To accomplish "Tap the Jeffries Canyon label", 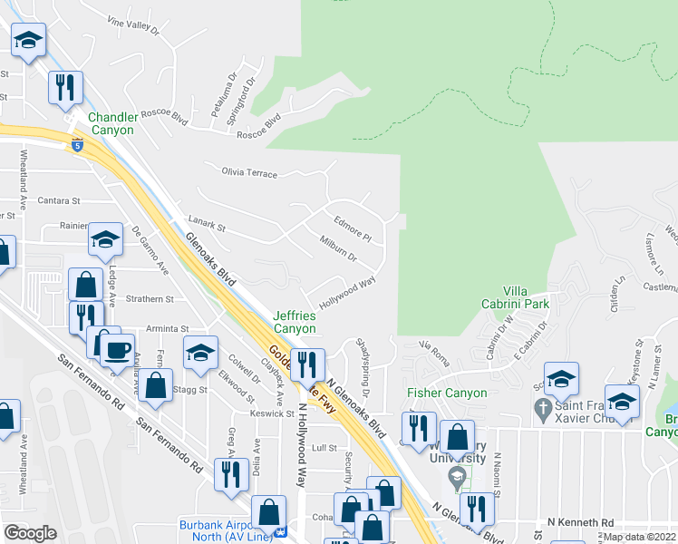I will pos(295,322).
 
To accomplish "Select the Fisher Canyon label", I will pos(447,393).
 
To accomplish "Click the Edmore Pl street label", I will pos(353,228).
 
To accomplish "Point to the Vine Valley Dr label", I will pos(132,24).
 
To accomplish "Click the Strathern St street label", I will pos(150,298).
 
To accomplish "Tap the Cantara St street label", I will pos(58,200).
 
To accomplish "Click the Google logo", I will pos(30,533).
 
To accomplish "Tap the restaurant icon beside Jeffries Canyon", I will pos(308,364).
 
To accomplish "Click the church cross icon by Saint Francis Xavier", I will pos(543,410).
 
